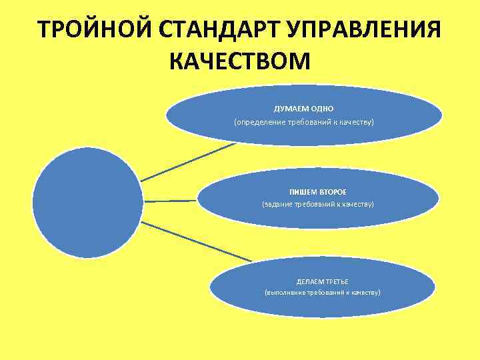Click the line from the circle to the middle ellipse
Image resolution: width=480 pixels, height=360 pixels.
point(171,200)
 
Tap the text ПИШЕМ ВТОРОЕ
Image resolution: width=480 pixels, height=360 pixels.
point(318,191)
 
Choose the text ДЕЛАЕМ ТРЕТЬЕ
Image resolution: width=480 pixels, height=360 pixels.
point(323,281)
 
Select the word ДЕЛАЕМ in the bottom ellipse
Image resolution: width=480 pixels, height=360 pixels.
point(309,281)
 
